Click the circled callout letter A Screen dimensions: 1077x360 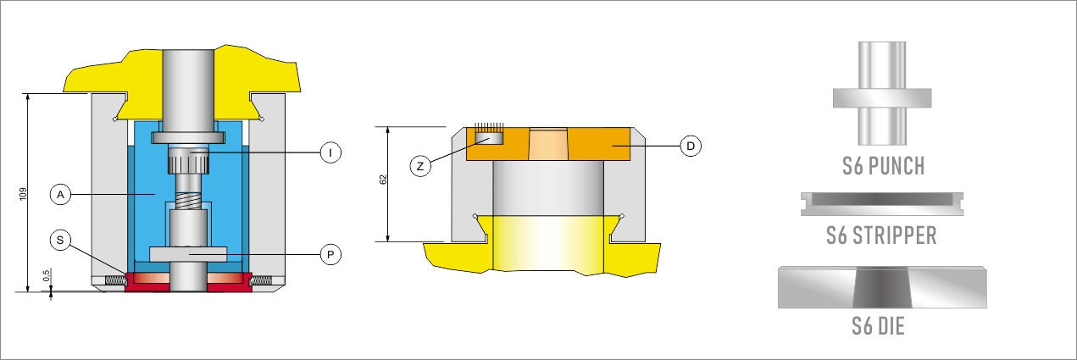click(x=60, y=195)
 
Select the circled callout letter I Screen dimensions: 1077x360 click(x=330, y=152)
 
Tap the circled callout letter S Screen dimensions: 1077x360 click(x=60, y=240)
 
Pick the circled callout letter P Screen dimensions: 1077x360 click(x=330, y=254)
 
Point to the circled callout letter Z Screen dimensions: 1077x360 click(x=420, y=166)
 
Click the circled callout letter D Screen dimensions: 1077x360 click(x=691, y=146)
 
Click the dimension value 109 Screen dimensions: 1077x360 click(x=23, y=194)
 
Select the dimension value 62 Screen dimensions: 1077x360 click(x=383, y=180)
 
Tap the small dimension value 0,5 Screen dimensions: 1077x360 click(x=46, y=275)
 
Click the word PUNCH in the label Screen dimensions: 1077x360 click(x=897, y=166)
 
